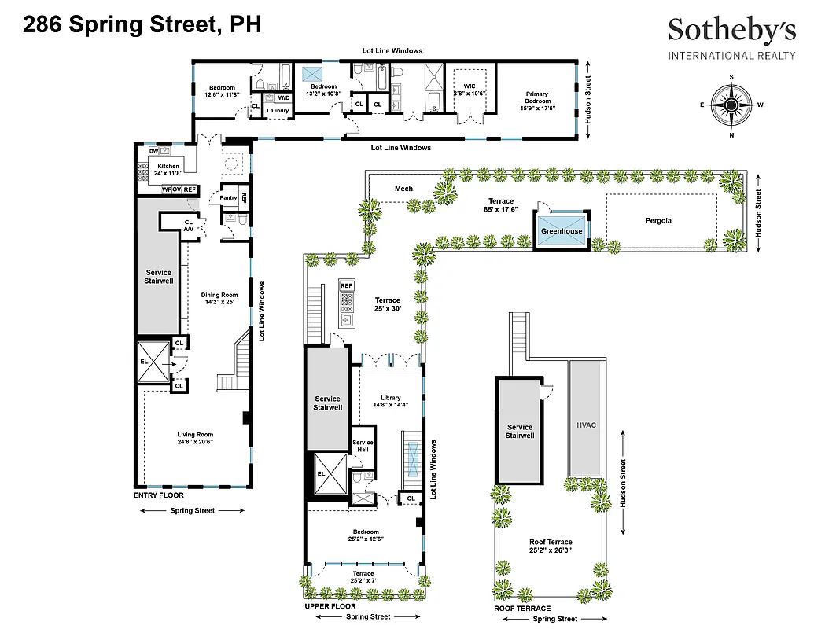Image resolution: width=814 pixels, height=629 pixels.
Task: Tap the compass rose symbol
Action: tap(731, 105)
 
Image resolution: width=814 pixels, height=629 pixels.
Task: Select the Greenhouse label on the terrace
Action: tap(562, 231)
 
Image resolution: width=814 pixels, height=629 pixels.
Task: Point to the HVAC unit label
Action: tap(586, 425)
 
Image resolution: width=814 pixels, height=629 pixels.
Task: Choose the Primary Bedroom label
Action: tap(537, 97)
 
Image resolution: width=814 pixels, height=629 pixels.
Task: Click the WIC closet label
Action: tap(470, 90)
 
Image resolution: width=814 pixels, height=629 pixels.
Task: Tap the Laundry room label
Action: tap(278, 111)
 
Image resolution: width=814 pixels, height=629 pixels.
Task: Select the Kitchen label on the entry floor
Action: tap(169, 167)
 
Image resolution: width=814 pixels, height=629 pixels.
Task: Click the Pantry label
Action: tap(228, 197)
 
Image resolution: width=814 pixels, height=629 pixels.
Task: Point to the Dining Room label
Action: tap(219, 295)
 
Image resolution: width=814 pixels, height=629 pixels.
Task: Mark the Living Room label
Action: tap(194, 435)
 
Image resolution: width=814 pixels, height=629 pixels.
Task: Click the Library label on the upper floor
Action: tap(390, 398)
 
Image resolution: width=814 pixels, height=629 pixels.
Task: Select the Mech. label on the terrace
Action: tap(404, 189)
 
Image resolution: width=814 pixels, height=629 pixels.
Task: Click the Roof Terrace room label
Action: tap(551, 542)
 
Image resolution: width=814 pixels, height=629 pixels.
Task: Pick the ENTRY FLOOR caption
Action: tap(158, 495)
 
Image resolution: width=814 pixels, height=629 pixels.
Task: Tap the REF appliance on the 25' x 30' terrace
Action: tap(347, 285)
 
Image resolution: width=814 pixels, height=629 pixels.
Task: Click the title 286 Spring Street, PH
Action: tap(142, 25)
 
